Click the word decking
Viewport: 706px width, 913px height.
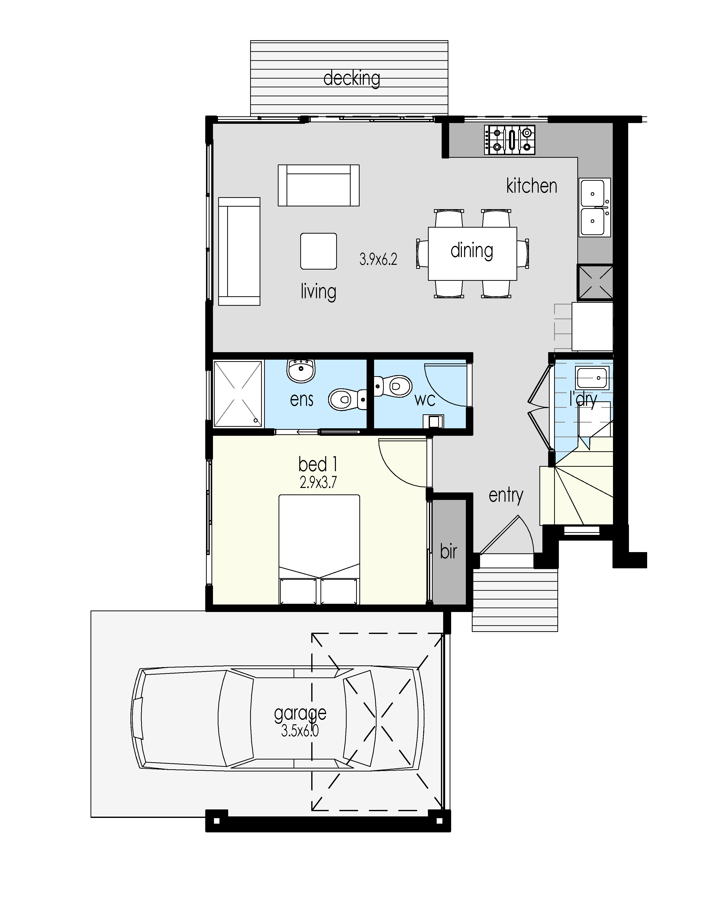(x=352, y=79)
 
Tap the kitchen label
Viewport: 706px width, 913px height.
(x=532, y=186)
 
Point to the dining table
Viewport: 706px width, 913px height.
(x=472, y=253)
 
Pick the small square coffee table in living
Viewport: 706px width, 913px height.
(x=318, y=251)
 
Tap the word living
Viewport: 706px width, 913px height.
(x=318, y=291)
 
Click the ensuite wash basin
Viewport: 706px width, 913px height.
(x=301, y=370)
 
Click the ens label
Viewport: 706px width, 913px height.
(x=302, y=400)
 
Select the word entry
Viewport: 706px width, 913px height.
(x=506, y=496)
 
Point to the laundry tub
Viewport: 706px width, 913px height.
(x=592, y=378)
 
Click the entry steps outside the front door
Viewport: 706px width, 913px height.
(x=515, y=600)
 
